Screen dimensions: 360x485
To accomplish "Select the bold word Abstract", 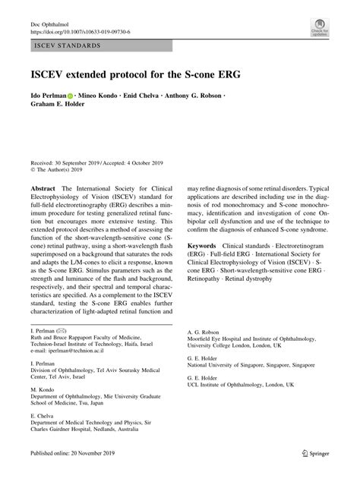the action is pyautogui.click(x=43, y=187).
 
